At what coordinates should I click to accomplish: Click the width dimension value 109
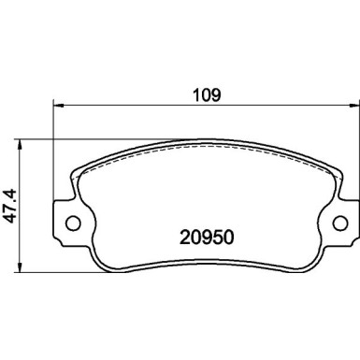[x=205, y=94]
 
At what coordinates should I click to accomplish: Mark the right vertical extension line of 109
[x=354, y=140]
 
